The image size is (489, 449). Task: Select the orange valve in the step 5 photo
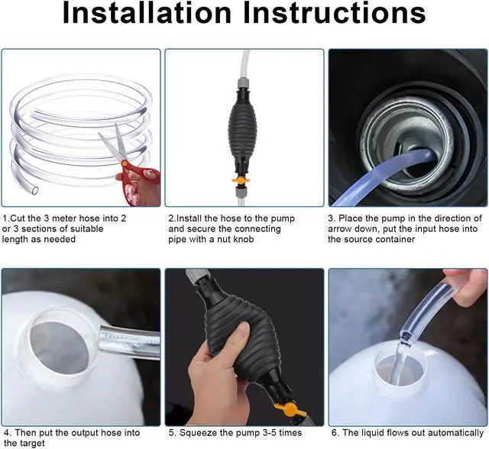tap(287, 413)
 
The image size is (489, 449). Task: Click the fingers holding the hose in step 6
tap(466, 279)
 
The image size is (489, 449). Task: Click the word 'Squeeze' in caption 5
tap(198, 433)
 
